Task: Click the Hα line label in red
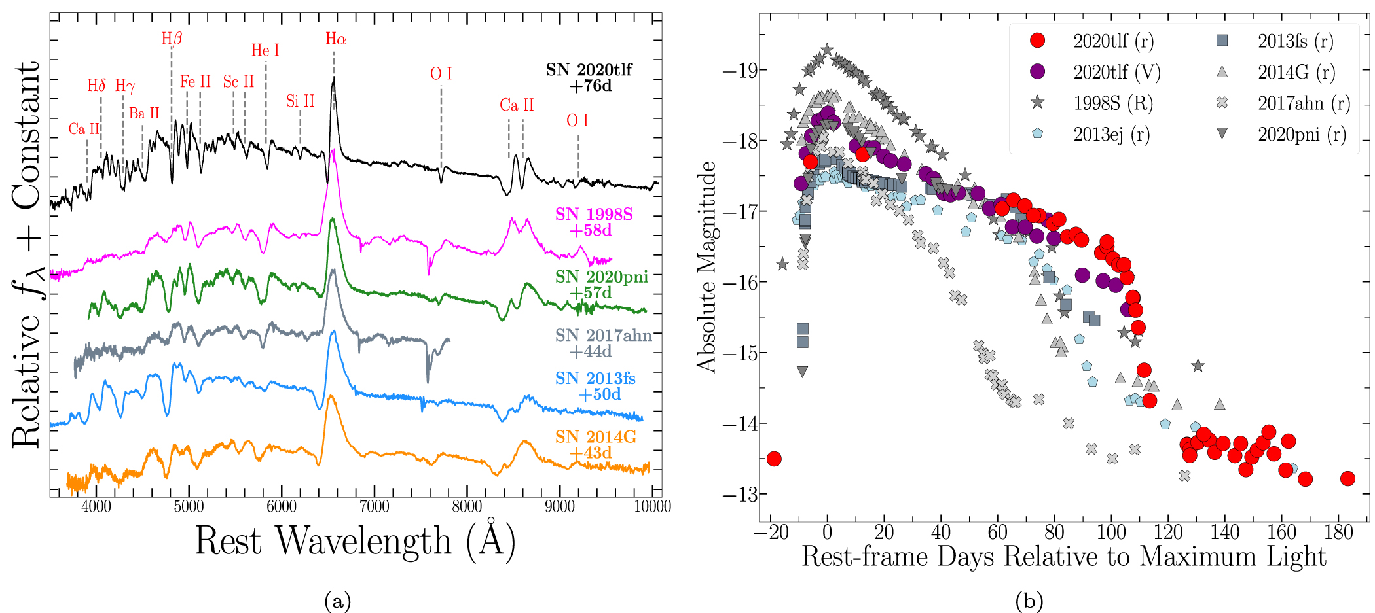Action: [x=336, y=39]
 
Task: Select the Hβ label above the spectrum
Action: [x=172, y=39]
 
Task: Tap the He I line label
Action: [x=265, y=51]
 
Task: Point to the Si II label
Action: [x=301, y=101]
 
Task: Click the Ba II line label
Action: [x=144, y=114]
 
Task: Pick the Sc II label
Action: [x=238, y=82]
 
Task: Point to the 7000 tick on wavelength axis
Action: [x=375, y=506]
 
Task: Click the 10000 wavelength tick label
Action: [x=652, y=506]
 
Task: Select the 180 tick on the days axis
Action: [x=1338, y=533]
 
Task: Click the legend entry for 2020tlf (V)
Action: [x=1116, y=72]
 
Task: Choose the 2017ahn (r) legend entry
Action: [x=1303, y=103]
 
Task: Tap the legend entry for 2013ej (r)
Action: [x=1111, y=135]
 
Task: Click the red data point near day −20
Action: [x=774, y=459]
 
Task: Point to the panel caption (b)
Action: [x=1029, y=601]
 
